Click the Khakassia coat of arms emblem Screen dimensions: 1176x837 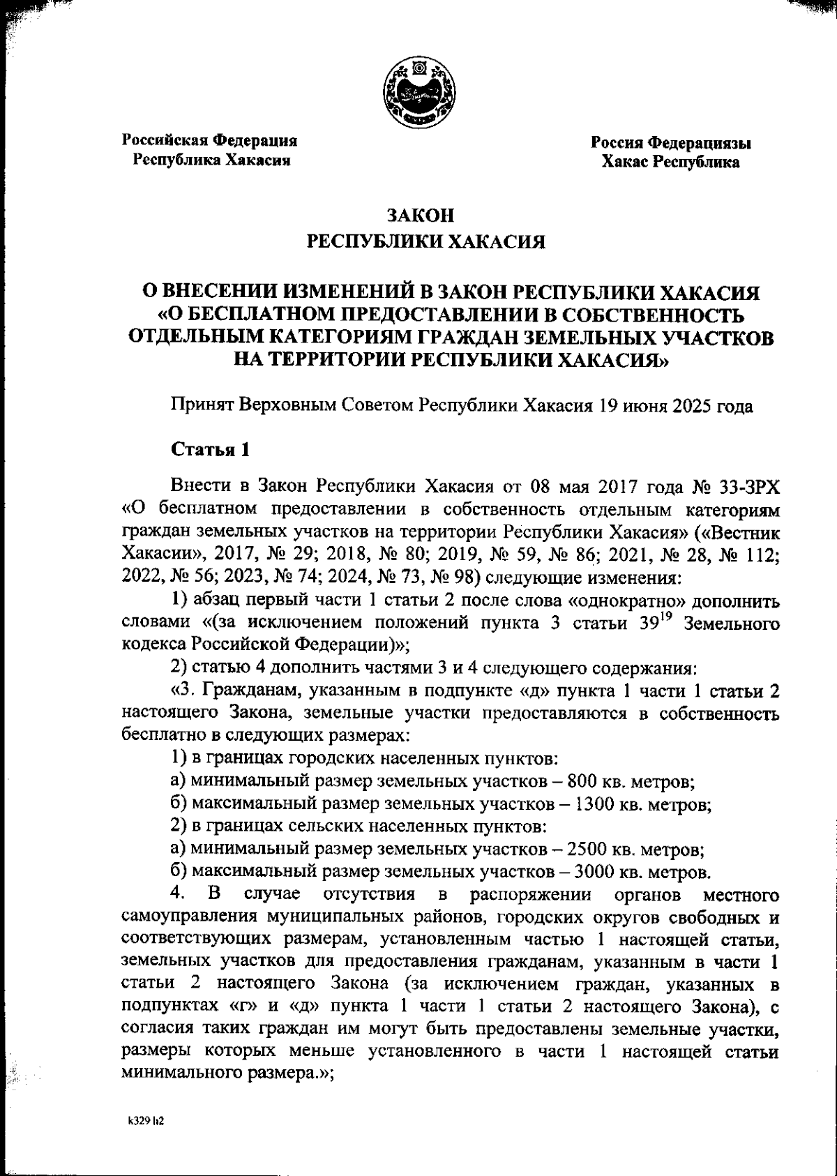tap(418, 93)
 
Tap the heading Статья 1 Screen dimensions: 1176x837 tap(210, 449)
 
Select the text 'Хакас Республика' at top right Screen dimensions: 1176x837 tap(670, 162)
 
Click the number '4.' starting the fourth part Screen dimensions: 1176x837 tap(178, 894)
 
